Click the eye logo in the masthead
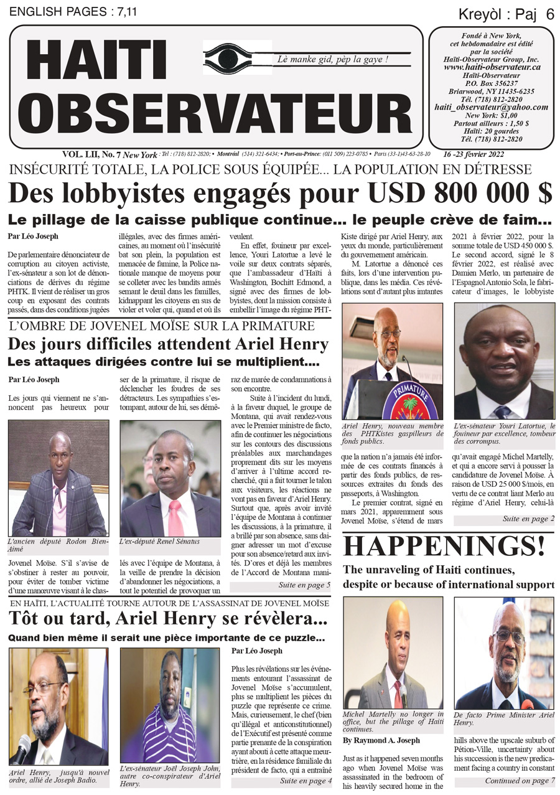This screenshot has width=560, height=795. [237, 57]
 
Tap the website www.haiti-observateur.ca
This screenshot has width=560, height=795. [492, 67]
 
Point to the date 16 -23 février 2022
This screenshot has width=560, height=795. [474, 154]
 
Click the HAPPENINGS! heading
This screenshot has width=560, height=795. [444, 546]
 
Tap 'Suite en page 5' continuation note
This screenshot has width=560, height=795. [304, 585]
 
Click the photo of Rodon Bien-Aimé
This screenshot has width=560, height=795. [58, 477]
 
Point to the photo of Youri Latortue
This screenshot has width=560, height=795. [503, 360]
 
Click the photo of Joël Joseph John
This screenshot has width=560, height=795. [169, 706]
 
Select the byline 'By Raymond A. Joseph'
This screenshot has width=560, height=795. [381, 740]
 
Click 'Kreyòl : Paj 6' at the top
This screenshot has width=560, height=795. [506, 14]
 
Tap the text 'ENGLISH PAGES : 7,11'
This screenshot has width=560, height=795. [67, 11]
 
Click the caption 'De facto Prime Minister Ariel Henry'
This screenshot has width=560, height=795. [503, 719]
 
